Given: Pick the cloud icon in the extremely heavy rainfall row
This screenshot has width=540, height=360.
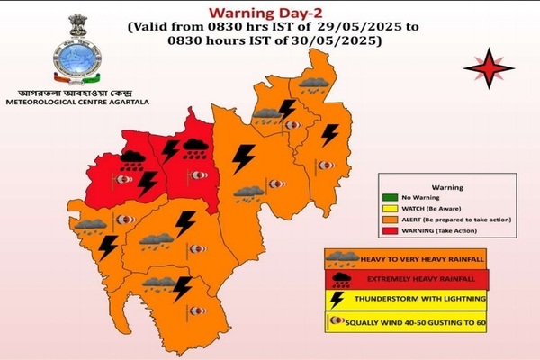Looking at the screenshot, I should tap(339, 279).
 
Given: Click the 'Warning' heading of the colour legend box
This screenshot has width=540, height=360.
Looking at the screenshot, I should tap(446, 188).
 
